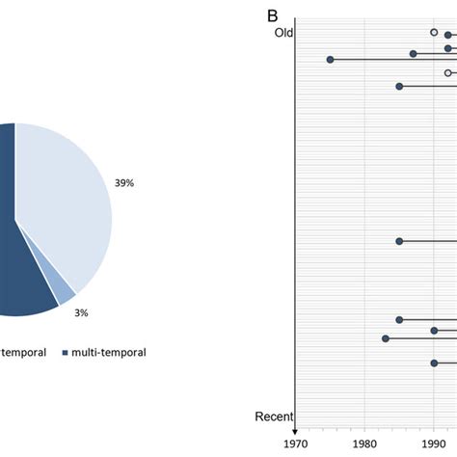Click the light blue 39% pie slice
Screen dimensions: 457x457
[67, 202]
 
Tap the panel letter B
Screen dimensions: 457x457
[273, 16]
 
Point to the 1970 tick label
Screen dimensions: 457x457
[295, 444]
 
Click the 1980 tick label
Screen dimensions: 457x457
[364, 444]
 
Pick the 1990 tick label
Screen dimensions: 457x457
[434, 444]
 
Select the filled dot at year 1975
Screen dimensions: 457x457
[330, 60]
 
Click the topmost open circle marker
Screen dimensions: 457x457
[434, 32]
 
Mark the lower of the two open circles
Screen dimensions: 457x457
[448, 72]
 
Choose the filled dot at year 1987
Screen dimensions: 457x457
[413, 54]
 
